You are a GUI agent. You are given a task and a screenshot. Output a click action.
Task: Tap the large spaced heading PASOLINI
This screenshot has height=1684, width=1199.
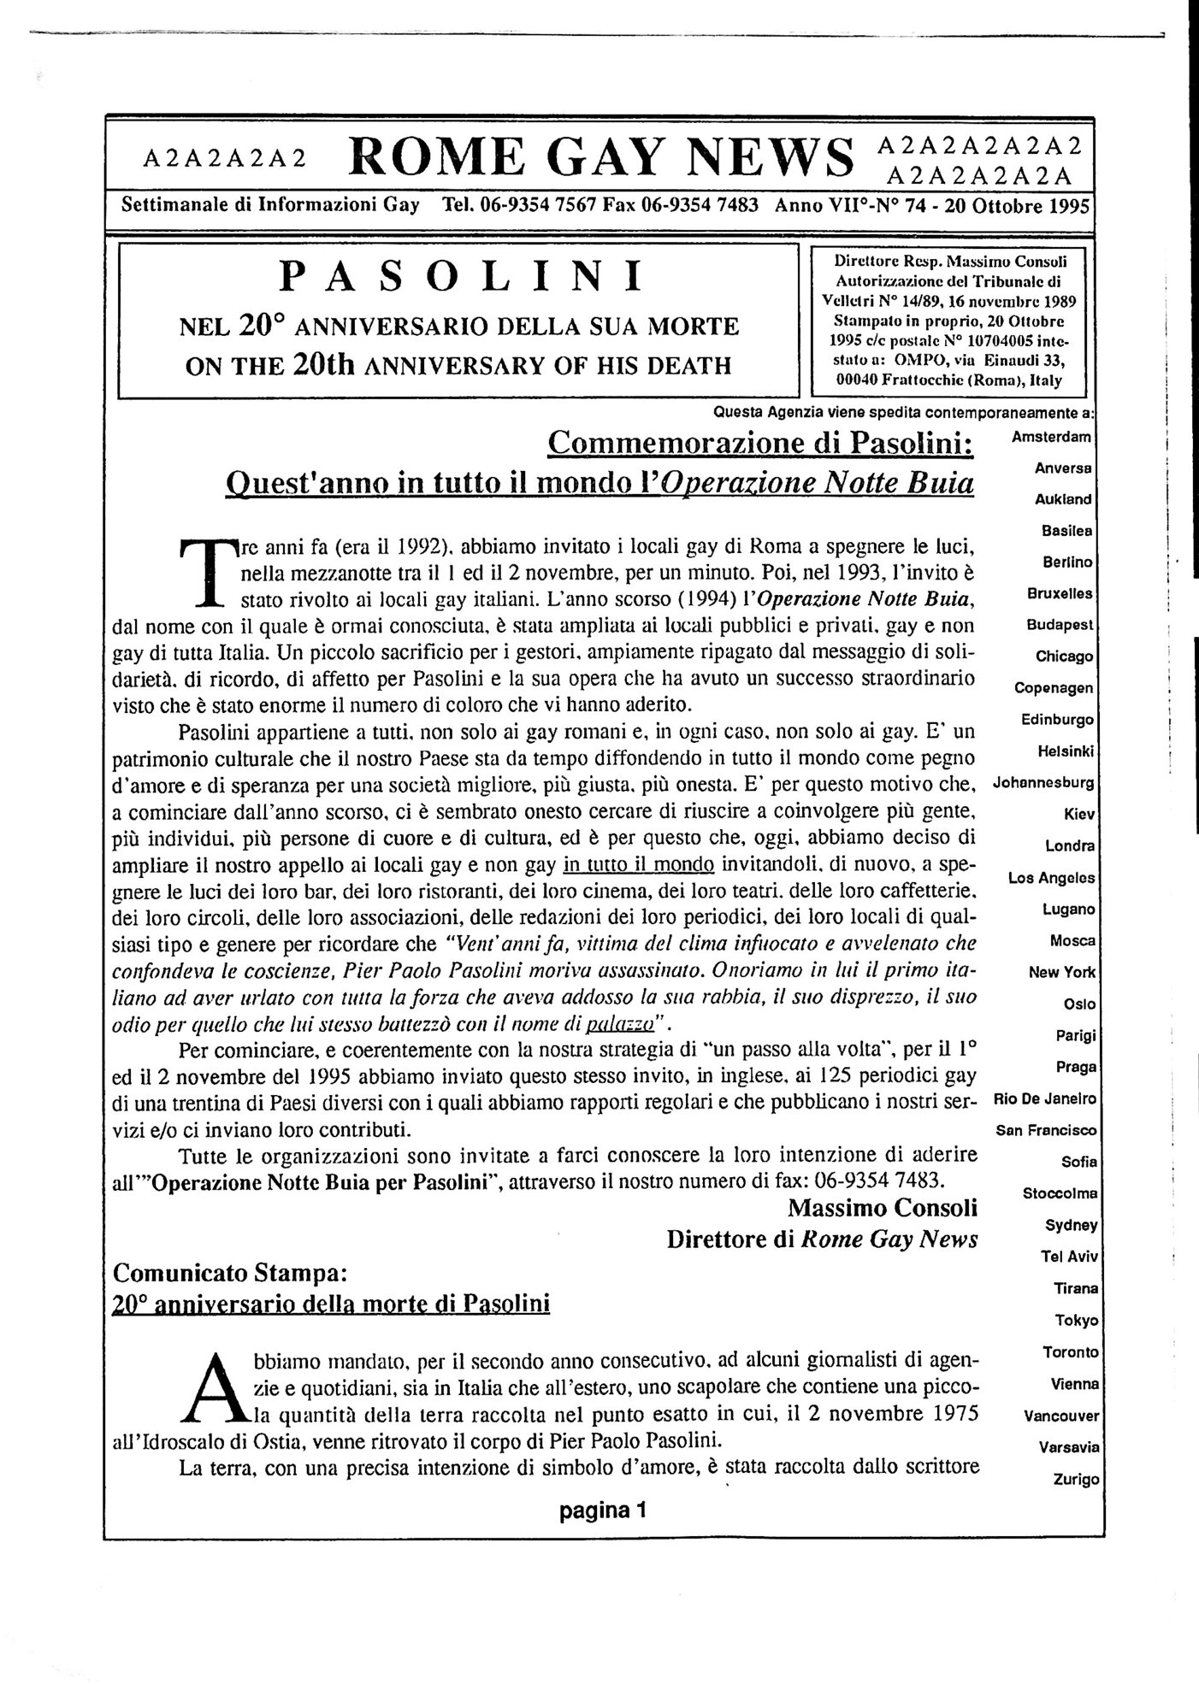[462, 276]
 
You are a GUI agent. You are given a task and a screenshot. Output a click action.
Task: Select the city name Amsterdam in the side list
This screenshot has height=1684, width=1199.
[1051, 437]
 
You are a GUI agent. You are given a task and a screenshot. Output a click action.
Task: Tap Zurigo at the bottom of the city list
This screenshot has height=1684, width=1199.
[1076, 1479]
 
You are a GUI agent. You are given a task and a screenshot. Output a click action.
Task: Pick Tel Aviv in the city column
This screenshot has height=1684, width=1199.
[1069, 1257]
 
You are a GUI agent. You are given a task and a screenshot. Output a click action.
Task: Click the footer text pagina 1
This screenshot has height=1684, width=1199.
[603, 1510]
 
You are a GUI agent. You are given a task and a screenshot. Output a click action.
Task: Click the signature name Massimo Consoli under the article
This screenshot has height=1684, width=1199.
[882, 1208]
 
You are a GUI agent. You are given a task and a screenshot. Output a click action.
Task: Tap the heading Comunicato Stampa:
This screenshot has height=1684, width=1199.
[230, 1272]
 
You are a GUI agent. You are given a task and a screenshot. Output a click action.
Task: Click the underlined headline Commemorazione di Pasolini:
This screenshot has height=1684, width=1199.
[761, 443]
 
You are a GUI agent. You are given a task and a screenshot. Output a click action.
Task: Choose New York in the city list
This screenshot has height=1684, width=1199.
[1063, 972]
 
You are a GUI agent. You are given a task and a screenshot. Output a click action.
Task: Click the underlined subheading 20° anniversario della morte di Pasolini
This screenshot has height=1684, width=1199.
[331, 1304]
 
